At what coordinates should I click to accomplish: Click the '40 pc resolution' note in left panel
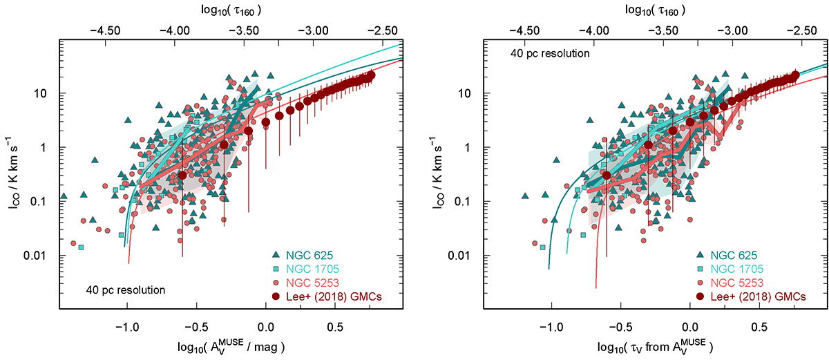click(x=126, y=290)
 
